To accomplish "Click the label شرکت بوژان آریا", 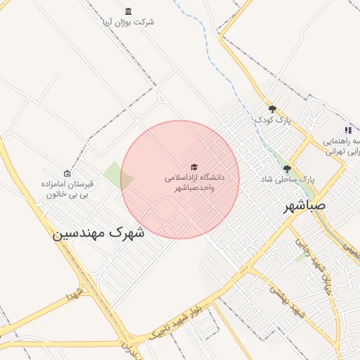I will coord(127,22).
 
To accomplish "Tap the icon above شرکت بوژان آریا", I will coord(127,11).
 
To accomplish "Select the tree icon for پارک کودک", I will coord(273,109).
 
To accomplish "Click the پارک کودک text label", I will coord(273,120).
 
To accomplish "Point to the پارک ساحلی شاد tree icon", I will coord(287,169).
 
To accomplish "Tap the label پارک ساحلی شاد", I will coord(287,179).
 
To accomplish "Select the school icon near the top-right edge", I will coord(348,130).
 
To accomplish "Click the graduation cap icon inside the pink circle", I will coord(194,166).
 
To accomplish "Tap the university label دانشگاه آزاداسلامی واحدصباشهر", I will coord(194,183).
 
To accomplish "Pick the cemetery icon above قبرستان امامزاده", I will coord(67,173).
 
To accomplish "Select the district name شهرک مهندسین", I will coord(98,232).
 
